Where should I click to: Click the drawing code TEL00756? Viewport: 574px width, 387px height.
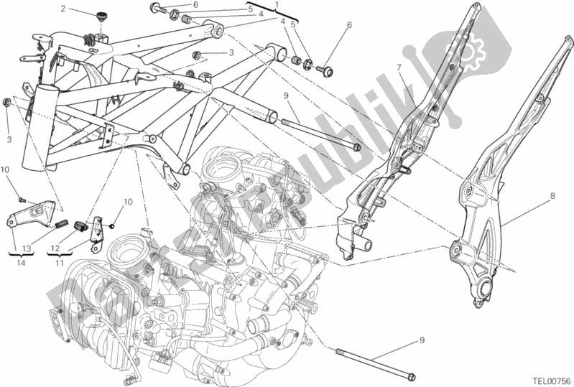(550, 380)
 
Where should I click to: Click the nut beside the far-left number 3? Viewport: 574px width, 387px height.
(7, 103)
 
